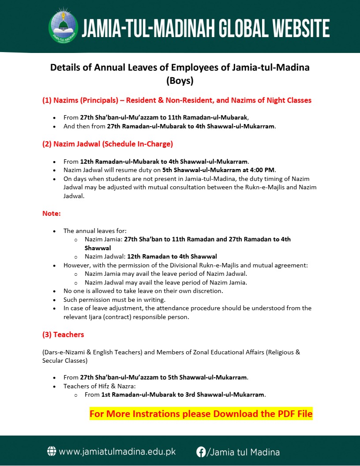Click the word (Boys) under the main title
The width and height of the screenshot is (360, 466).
pyautogui.click(x=180, y=81)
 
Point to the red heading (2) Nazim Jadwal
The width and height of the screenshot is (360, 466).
pyautogui.click(x=108, y=144)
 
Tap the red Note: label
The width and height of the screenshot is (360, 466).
pyautogui.click(x=52, y=214)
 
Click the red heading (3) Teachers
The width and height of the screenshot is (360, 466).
pyautogui.click(x=63, y=334)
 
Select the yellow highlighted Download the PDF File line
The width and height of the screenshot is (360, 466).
pyautogui.click(x=201, y=414)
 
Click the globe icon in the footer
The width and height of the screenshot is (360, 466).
pyautogui.click(x=52, y=451)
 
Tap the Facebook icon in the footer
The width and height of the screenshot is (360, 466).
pyautogui.click(x=201, y=451)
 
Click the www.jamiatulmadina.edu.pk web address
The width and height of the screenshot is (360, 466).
pyautogui.click(x=117, y=452)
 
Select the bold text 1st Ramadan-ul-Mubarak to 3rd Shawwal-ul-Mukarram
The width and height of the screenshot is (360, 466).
pyautogui.click(x=183, y=395)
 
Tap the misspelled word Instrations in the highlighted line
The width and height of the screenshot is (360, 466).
pyautogui.click(x=153, y=414)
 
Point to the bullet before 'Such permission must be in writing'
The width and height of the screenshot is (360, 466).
pyautogui.click(x=54, y=300)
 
